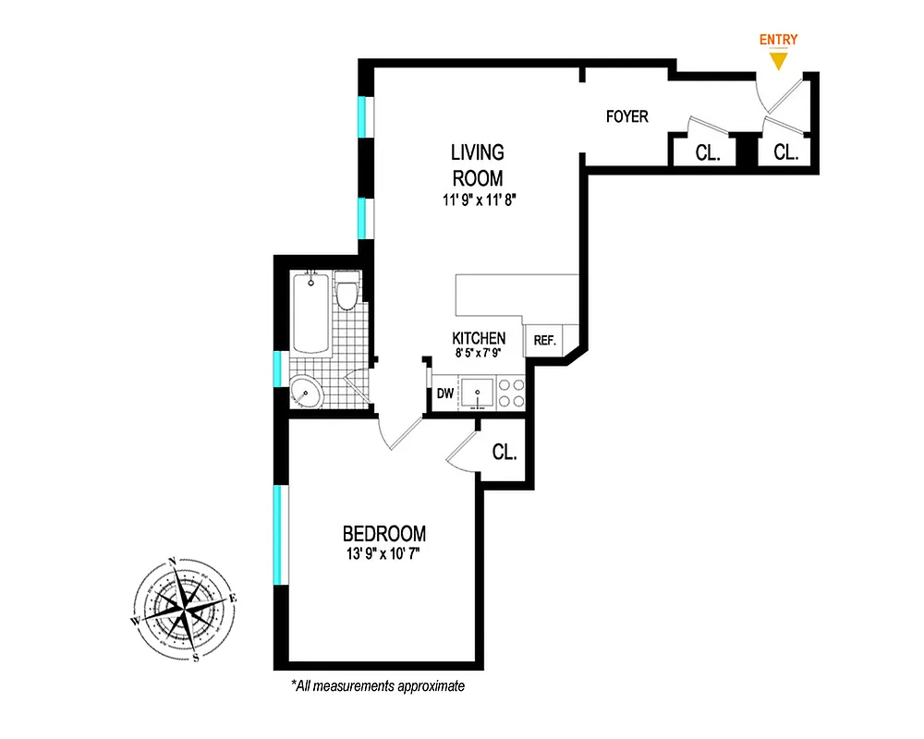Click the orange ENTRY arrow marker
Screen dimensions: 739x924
point(778,60)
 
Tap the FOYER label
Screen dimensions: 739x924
point(626,117)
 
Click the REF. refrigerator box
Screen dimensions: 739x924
point(544,341)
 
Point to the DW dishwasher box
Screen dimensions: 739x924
point(445,394)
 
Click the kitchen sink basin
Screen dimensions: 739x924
point(479,394)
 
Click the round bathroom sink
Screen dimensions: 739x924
point(307,393)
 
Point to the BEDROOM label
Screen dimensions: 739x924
point(384,534)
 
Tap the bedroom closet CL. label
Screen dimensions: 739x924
point(504,453)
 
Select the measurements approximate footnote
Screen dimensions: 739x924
point(377,686)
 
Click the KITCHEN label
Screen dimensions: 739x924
point(479,338)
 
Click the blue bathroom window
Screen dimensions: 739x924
point(276,368)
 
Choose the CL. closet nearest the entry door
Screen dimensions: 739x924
point(785,152)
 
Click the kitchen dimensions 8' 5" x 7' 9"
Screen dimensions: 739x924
point(479,354)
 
